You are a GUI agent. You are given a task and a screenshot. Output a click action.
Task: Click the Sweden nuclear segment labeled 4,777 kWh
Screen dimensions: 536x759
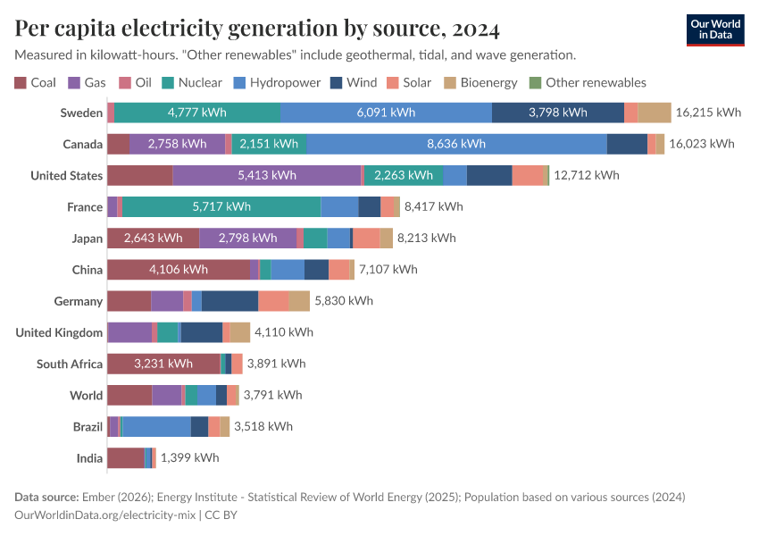[x=197, y=113]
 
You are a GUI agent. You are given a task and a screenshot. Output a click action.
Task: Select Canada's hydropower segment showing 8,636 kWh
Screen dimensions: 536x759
[x=456, y=144]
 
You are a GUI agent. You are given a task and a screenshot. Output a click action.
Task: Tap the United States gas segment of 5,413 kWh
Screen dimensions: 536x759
[x=267, y=175]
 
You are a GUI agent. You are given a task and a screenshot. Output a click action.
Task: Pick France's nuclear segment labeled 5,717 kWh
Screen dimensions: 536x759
[x=221, y=206]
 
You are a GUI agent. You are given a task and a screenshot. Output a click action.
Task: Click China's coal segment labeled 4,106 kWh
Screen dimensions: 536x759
[x=179, y=269]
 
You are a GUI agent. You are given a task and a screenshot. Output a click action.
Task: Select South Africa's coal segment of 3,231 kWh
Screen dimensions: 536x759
[x=163, y=364]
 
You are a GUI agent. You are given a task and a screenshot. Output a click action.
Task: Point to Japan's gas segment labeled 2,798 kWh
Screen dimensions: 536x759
[x=248, y=238]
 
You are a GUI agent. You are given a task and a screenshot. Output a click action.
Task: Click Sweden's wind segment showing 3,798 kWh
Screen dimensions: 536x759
[x=558, y=113]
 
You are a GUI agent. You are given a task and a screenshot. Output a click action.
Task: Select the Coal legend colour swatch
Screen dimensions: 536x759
[x=21, y=83]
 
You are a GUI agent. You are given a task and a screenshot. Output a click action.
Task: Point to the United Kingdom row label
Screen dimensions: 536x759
[x=59, y=332]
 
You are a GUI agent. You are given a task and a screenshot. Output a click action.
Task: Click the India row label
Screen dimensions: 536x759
[x=89, y=457]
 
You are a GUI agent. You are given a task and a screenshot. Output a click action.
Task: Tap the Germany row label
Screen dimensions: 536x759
[x=79, y=301]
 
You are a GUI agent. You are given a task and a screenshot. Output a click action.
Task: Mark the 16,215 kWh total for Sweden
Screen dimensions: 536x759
[x=708, y=113]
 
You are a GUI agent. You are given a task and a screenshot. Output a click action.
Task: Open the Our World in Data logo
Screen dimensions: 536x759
[x=715, y=29]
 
